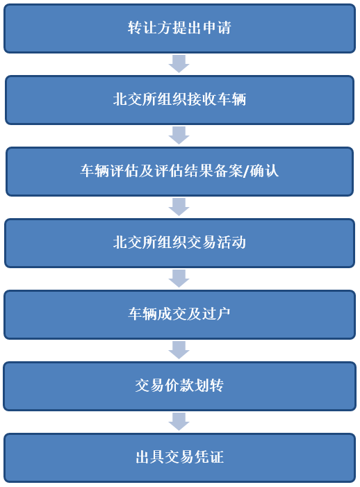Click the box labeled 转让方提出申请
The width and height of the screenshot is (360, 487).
(x=179, y=28)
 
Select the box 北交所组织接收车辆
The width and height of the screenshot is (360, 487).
(x=179, y=100)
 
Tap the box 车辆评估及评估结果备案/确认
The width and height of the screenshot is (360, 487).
(x=179, y=172)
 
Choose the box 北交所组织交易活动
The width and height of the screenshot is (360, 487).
(x=179, y=243)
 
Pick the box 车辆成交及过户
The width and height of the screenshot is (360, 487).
(x=179, y=315)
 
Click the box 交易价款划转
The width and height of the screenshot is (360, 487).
(x=179, y=386)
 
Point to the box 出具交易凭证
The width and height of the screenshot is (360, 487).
(x=179, y=458)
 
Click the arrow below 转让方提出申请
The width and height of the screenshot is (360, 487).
(x=179, y=64)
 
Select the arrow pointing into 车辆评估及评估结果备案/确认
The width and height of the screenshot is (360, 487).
(x=179, y=135)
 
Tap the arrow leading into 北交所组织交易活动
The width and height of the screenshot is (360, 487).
(x=179, y=207)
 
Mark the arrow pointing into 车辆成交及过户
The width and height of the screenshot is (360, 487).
(x=179, y=279)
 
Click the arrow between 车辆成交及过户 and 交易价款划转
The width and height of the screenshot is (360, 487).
(x=179, y=350)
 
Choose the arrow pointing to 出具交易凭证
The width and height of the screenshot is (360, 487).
(x=179, y=422)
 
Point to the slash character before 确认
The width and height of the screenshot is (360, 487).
(x=246, y=171)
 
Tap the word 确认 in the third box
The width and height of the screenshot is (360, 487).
(x=264, y=171)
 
